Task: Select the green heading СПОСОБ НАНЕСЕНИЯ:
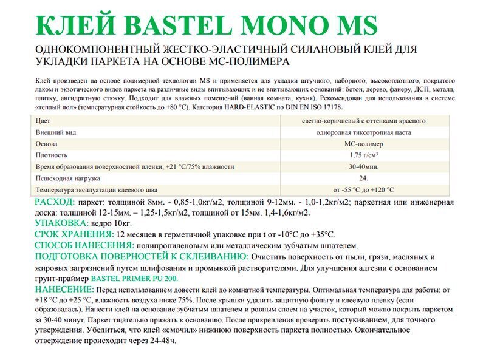[84, 245]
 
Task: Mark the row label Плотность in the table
[52, 155]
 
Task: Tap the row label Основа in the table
[47, 144]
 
